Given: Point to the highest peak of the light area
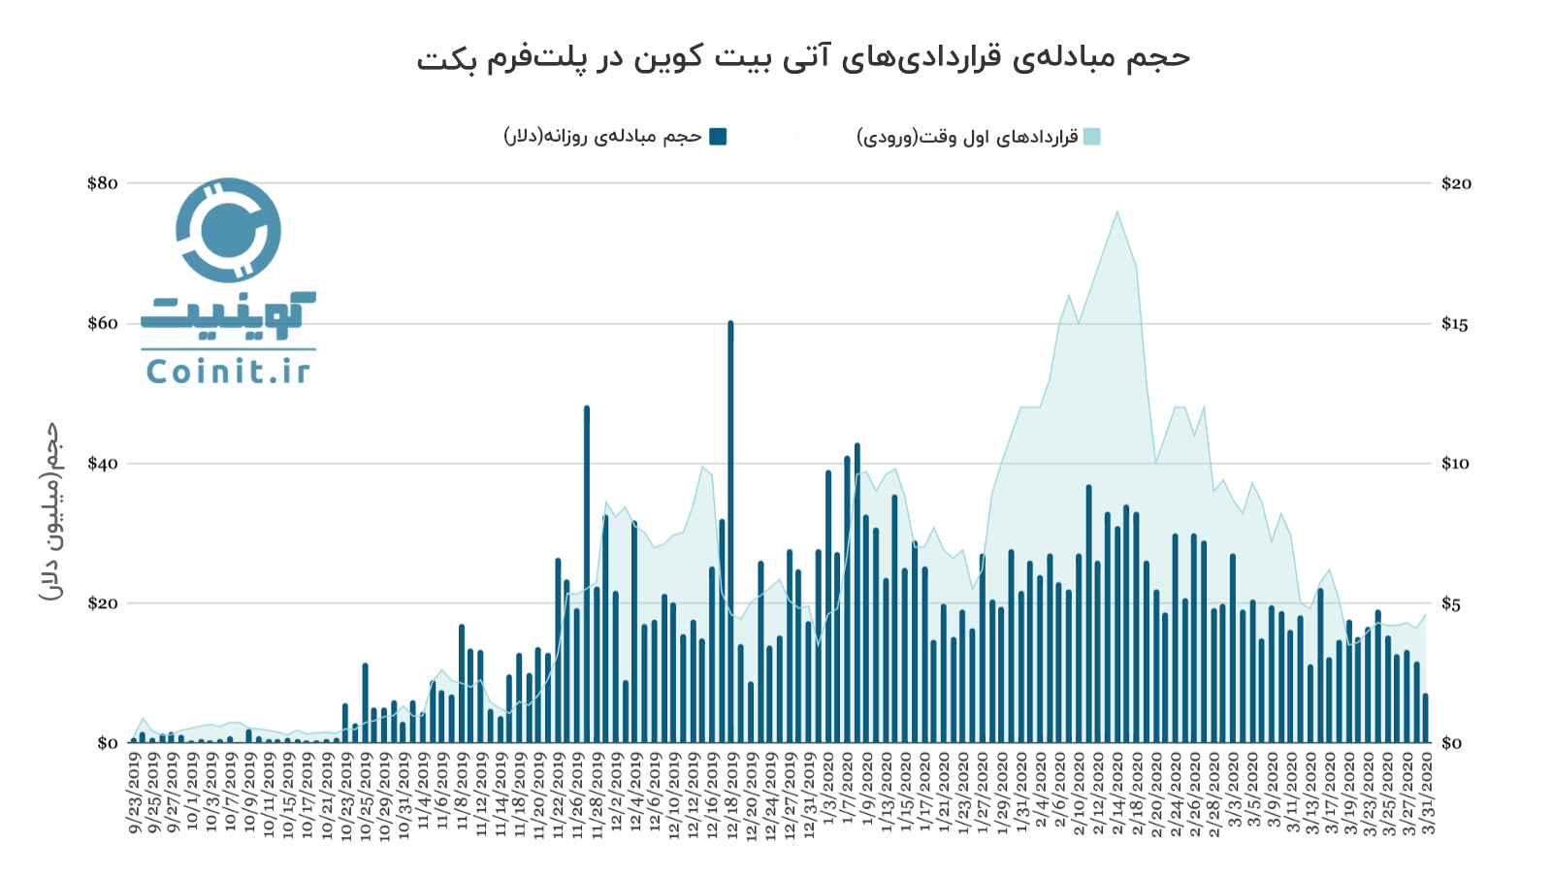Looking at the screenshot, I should pos(1117,211).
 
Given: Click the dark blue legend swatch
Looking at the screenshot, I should pos(718,137).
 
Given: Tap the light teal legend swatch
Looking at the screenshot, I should pos(1091,137).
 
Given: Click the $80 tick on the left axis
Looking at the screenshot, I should pos(102,183).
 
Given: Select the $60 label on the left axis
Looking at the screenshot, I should pos(102,323).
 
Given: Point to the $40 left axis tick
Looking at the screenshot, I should pos(102,463).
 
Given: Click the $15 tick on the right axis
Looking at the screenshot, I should pos(1455,323).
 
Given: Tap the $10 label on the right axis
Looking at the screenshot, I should pos(1455,463).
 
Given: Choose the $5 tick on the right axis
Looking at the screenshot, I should pos(1452,603).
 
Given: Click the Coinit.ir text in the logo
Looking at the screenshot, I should pos(228,372).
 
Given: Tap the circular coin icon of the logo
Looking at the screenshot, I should pos(228,231).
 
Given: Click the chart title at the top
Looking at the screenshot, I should pos(803,57).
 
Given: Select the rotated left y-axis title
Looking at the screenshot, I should pos(50,511).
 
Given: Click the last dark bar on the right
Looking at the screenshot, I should pos(1425,718).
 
